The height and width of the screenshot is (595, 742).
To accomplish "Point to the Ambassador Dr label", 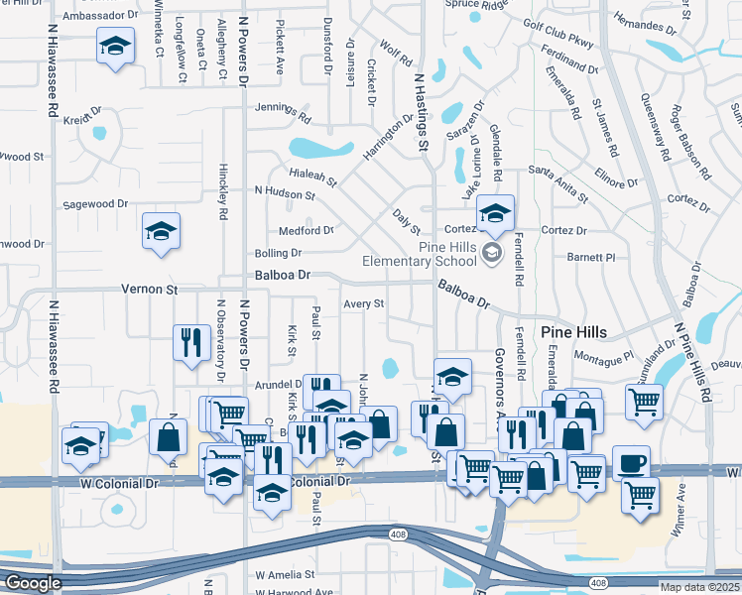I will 100,17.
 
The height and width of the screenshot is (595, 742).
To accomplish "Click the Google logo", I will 32,584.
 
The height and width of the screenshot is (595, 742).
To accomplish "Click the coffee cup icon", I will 631,462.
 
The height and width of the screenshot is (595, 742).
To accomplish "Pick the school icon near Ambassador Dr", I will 116,46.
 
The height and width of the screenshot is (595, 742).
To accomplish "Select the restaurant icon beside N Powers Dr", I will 188,341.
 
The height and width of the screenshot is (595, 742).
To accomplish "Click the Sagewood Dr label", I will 96,203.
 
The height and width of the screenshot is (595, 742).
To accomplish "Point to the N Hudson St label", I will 285,193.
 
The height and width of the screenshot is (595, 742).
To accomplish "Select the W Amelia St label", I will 285,574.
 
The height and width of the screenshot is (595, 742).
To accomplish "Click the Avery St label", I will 363,303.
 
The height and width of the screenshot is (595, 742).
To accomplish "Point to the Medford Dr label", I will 307,230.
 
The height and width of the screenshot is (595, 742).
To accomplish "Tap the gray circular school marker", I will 491,255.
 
